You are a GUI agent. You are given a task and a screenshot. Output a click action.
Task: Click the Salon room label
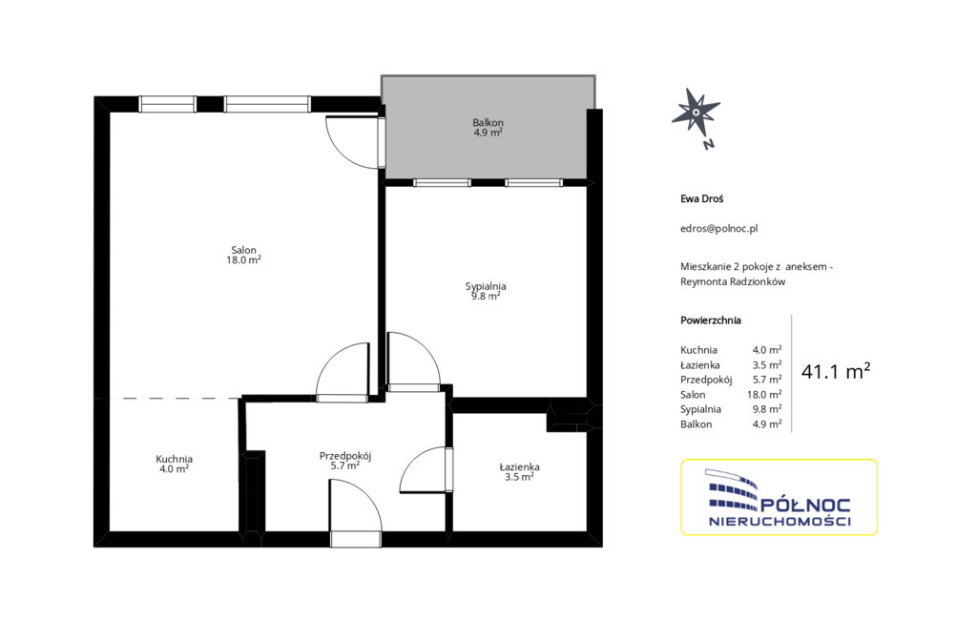[243, 251]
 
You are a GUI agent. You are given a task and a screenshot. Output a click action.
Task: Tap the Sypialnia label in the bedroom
[486, 287]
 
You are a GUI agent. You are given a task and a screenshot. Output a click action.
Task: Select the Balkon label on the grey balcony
[488, 123]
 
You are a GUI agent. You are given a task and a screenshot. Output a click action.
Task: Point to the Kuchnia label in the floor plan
[174, 460]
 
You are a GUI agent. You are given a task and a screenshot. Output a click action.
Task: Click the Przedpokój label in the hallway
[345, 456]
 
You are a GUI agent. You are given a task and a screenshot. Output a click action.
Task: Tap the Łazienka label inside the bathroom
[519, 466]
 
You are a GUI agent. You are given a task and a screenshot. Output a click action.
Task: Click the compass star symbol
[696, 113]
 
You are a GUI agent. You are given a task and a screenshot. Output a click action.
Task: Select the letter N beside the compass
[709, 145]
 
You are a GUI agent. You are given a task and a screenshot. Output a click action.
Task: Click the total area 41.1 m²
[836, 371]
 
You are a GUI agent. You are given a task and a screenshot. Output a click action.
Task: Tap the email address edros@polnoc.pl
[719, 229]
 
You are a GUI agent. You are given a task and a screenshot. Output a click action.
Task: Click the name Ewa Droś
[701, 198]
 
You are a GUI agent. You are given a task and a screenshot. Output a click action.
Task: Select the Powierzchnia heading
[711, 320]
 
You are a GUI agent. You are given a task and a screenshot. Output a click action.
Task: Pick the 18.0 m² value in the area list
[764, 395]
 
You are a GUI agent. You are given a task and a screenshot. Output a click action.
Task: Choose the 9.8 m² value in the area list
[767, 409]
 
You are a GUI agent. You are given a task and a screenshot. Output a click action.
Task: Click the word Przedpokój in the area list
[706, 380]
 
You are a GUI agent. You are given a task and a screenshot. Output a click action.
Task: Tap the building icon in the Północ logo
[733, 490]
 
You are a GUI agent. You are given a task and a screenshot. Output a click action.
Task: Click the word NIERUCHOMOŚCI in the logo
[780, 522]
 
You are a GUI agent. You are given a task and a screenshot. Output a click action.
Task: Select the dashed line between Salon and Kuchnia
[176, 398]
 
